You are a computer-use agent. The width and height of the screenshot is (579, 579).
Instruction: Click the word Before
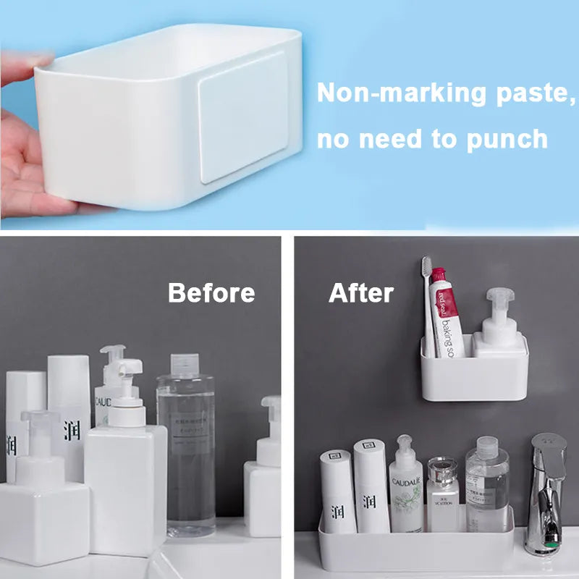click(211, 292)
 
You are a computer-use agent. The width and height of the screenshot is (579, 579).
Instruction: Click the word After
click(361, 292)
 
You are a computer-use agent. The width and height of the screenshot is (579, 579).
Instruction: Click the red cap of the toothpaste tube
click(439, 275)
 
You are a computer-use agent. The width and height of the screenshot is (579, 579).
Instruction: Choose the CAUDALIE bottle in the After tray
click(407, 485)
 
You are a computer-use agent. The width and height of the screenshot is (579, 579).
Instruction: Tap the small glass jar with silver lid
click(442, 492)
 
